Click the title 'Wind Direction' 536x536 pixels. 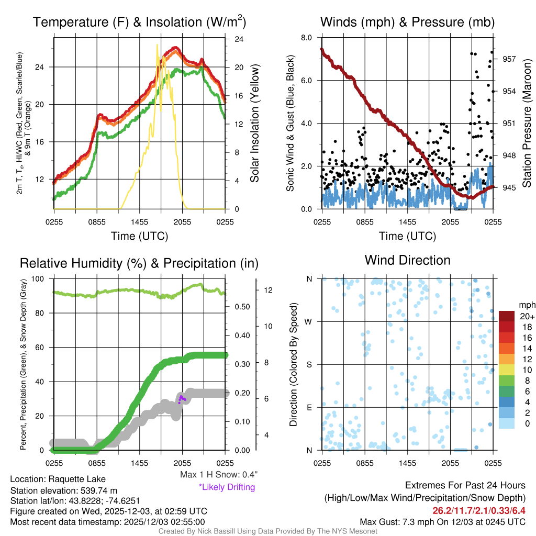(407, 260)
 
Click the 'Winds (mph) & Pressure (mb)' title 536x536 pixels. (407, 22)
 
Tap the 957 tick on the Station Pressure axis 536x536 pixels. (509, 59)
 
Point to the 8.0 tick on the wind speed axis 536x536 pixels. (307, 38)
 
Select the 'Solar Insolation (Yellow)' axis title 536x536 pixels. (255, 124)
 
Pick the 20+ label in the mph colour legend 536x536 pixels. (527, 316)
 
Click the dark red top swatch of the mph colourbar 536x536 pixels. (507, 316)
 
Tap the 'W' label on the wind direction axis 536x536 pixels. (309, 321)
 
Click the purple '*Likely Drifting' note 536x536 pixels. (227, 487)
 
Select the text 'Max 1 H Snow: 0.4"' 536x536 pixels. (218, 475)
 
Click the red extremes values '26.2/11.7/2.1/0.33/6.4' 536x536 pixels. (478, 510)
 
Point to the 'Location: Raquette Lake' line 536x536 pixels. (58, 479)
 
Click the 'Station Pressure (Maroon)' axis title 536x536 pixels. (527, 124)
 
